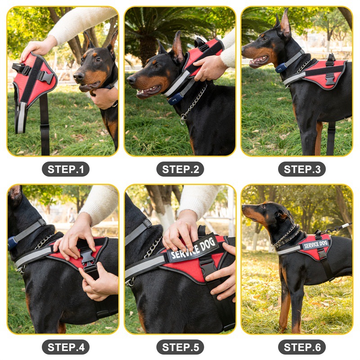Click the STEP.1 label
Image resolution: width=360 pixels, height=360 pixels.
66,169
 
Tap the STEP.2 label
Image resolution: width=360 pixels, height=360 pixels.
180,169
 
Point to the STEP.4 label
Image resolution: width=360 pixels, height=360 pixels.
66,347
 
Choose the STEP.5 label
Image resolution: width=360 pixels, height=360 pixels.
180,347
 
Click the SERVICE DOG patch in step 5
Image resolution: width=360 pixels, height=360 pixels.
193,248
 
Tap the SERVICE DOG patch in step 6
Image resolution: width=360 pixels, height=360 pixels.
315,245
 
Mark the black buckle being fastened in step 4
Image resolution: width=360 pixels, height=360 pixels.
87,257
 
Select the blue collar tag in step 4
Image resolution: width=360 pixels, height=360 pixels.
13,243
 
